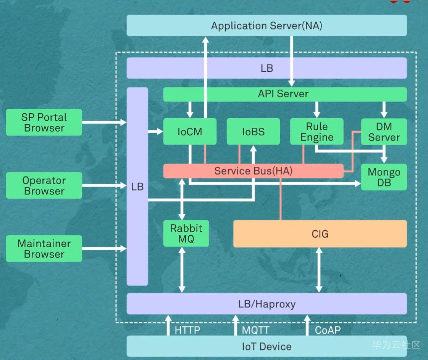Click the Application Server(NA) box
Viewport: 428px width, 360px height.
point(266,26)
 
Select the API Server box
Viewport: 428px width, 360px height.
point(285,94)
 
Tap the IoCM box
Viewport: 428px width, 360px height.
point(190,132)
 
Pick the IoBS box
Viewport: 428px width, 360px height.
point(253,132)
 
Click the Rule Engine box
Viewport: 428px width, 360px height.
point(317,132)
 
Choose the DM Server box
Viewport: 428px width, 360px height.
point(384,132)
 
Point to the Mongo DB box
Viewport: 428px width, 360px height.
point(384,177)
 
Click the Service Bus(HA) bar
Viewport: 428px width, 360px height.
point(253,171)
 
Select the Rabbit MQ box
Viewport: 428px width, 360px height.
point(186,233)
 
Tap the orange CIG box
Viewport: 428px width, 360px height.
point(320,234)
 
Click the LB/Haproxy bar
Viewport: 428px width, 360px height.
point(266,304)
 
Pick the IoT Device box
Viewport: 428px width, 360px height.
point(266,346)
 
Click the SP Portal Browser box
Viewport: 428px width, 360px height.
point(44,122)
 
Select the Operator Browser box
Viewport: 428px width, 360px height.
point(44,185)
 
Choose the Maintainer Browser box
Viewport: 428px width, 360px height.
point(44,249)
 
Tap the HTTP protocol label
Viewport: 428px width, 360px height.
point(187,330)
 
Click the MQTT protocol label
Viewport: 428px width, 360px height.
point(255,330)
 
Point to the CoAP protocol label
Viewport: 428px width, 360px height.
point(328,330)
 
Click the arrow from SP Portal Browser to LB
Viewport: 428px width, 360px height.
point(104,122)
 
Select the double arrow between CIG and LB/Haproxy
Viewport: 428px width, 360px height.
point(319,270)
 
